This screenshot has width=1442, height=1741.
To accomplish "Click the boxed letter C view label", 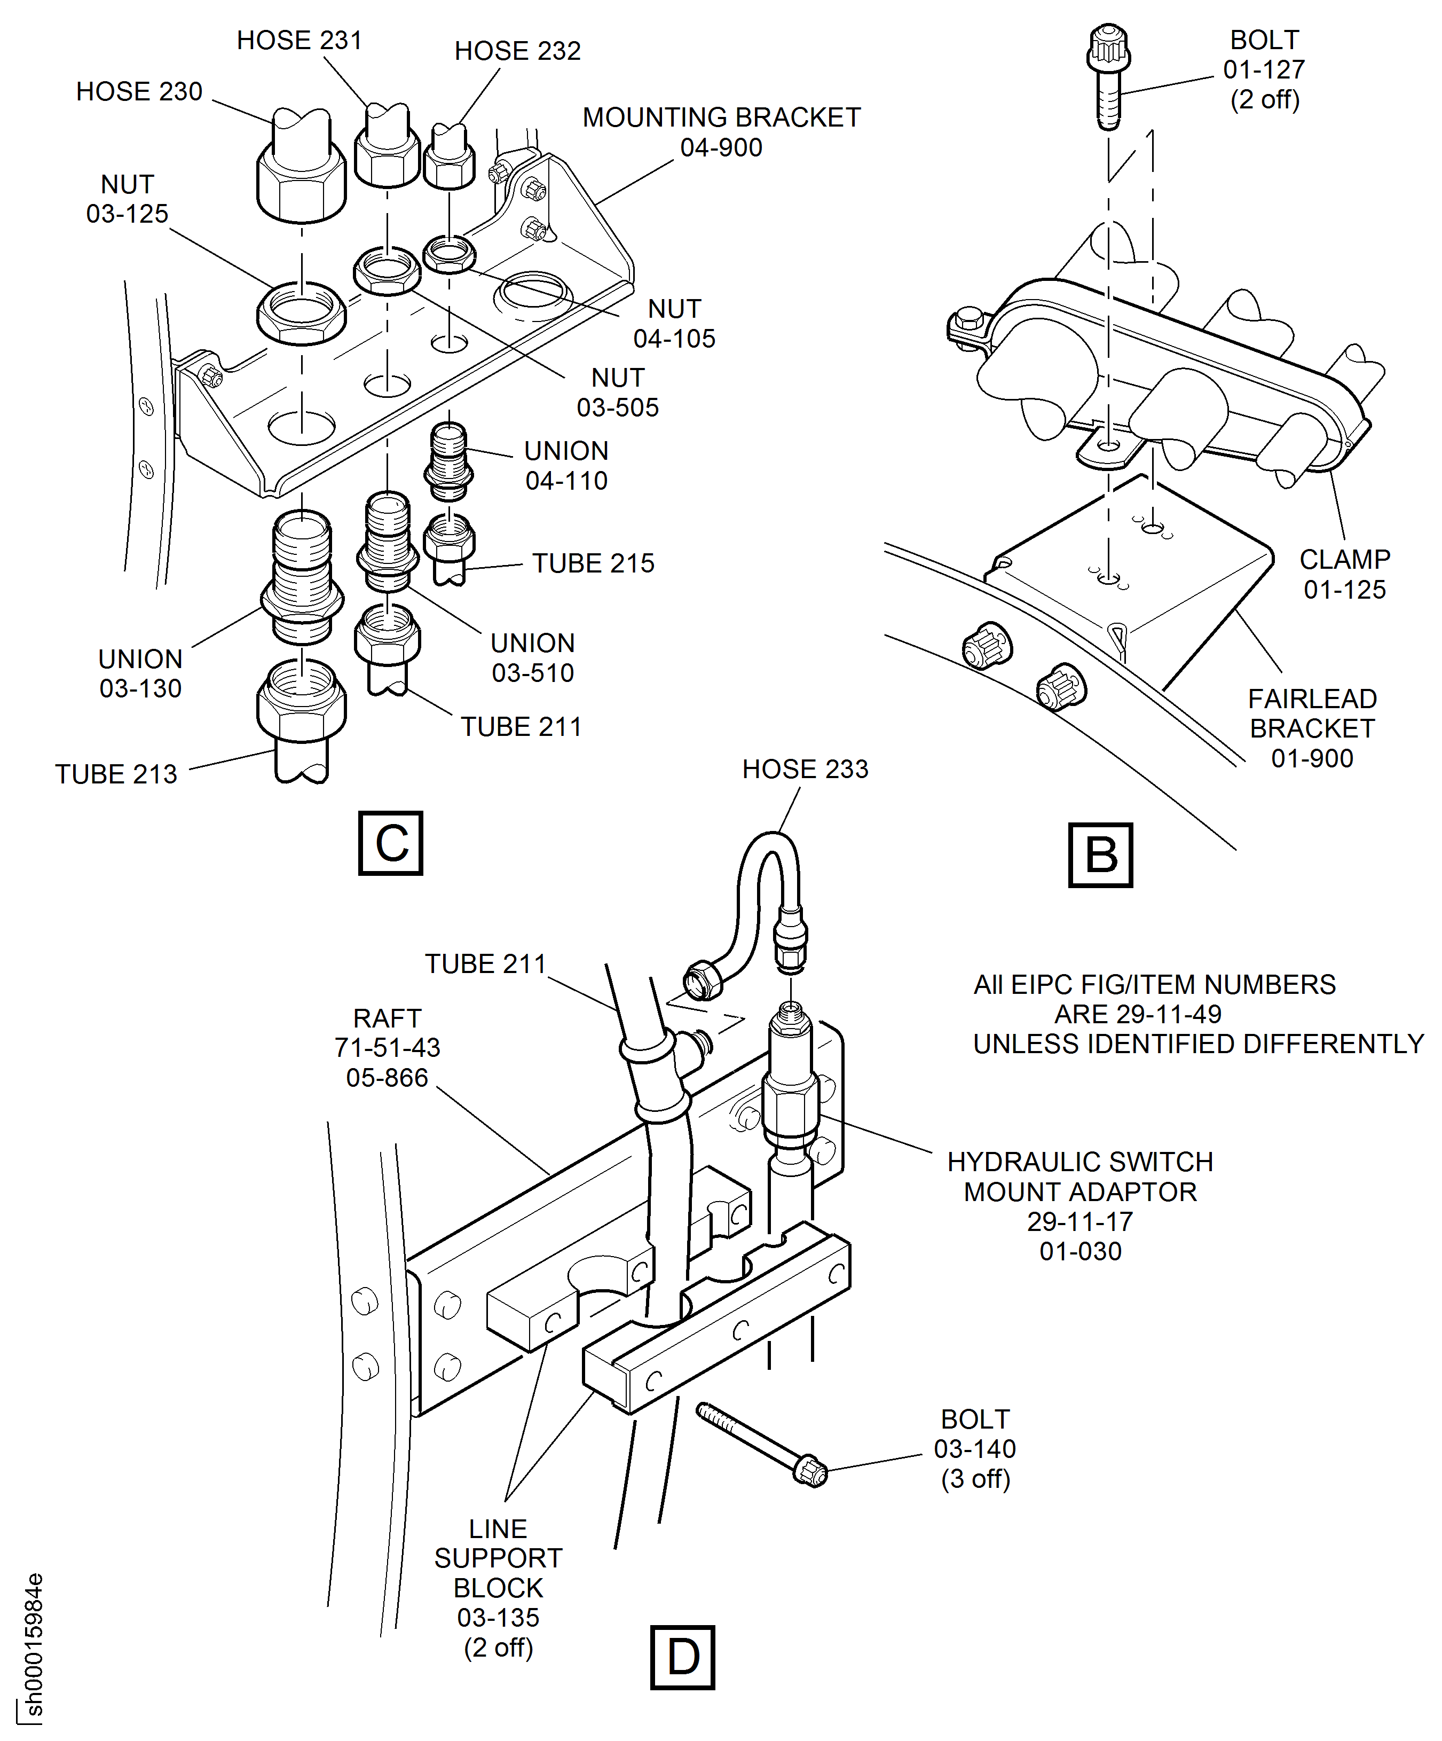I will pyautogui.click(x=390, y=843).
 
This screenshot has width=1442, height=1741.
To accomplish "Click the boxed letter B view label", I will pyautogui.click(x=1100, y=855).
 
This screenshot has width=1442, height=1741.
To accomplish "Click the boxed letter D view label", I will pyautogui.click(x=682, y=1657).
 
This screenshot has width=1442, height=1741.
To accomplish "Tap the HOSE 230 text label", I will pyautogui.click(x=139, y=91).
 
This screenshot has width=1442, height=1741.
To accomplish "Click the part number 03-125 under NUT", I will pyautogui.click(x=128, y=214).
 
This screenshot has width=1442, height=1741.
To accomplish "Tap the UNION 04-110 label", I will pyautogui.click(x=566, y=465).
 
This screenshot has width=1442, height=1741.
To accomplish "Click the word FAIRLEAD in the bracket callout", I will pyautogui.click(x=1312, y=699).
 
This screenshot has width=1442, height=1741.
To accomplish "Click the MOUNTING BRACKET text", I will pyautogui.click(x=721, y=117).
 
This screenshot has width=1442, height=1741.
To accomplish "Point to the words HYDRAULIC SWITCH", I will pyautogui.click(x=1080, y=1162).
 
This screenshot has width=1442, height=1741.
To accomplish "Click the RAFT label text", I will pyautogui.click(x=387, y=1018).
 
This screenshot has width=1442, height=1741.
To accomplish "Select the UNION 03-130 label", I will pyautogui.click(x=140, y=673).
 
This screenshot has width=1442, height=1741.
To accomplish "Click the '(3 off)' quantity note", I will pyautogui.click(x=975, y=1478).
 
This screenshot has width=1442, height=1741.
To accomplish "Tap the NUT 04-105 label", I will pyautogui.click(x=674, y=323).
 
